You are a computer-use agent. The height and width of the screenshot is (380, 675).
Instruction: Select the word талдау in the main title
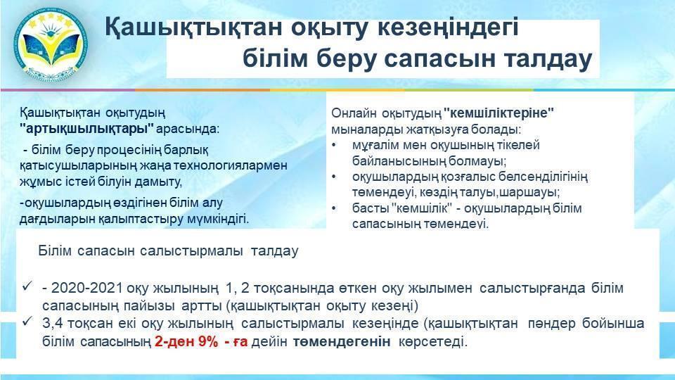pos(548,59)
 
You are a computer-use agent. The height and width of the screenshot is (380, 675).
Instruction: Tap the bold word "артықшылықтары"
pos(86,129)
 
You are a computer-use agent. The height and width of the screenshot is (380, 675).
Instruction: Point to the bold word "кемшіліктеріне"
pos(499,113)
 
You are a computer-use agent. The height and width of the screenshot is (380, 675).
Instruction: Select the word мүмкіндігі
pos(218,219)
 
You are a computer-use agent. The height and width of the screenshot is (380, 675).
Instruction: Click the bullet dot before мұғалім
pos(334,145)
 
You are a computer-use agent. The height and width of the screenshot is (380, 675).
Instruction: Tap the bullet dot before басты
pos(334,208)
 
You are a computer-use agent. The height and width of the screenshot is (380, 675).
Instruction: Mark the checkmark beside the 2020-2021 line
pos(28,286)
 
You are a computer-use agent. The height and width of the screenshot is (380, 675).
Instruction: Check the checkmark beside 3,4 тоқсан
pos(28,322)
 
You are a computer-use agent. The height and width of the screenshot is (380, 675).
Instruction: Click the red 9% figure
pos(208,342)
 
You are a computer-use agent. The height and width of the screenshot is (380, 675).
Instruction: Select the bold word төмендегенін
pos(342,342)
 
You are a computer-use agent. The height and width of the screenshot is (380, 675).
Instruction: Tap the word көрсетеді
pos(432,342)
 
